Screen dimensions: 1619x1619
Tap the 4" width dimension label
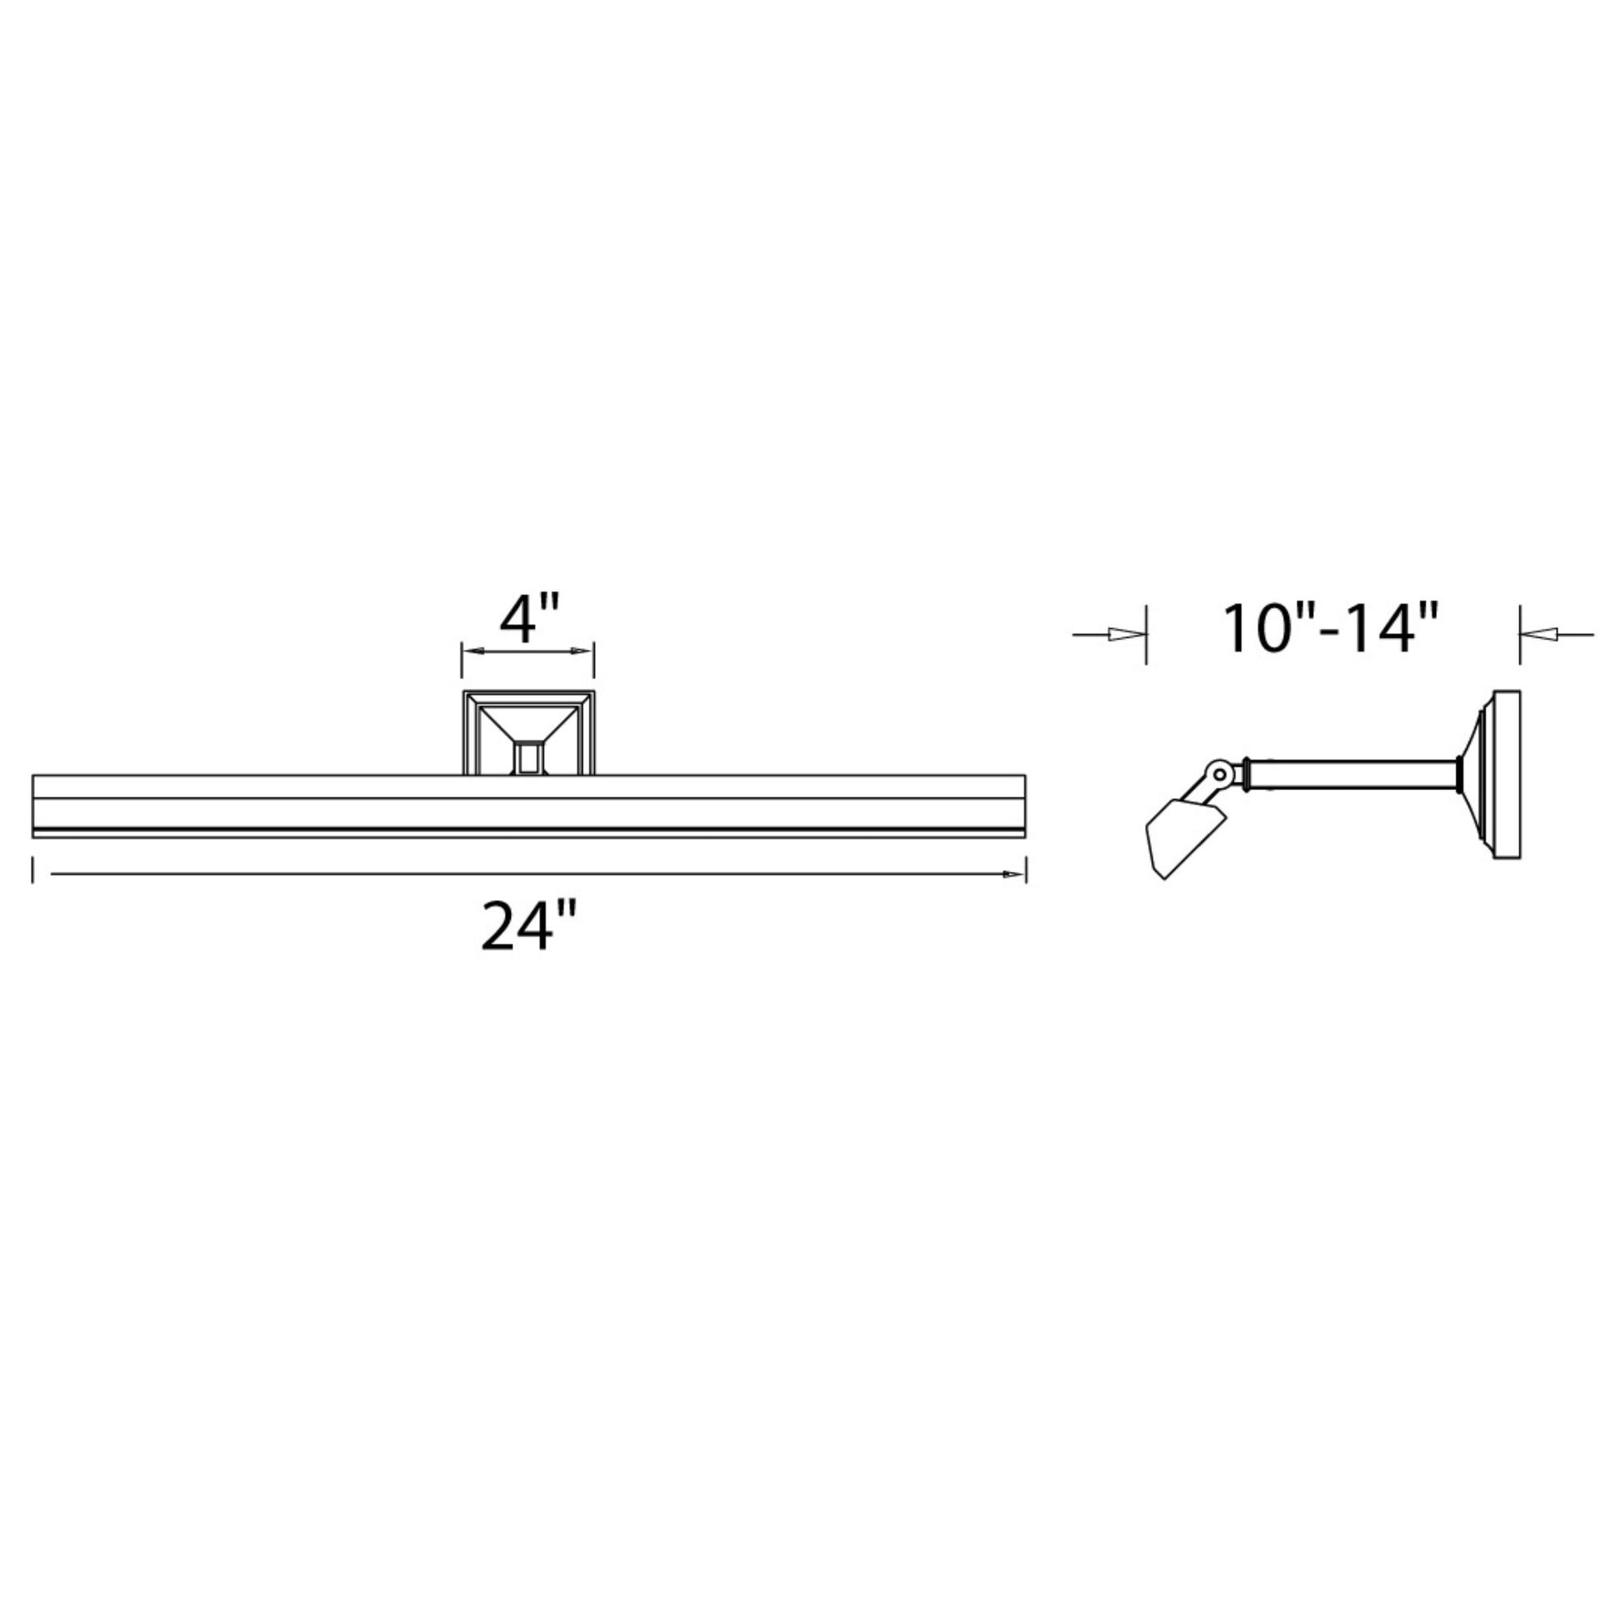pyautogui.click(x=530, y=619)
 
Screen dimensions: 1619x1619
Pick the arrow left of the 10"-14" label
pyautogui.click(x=1109, y=634)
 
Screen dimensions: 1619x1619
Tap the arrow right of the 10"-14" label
pyautogui.click(x=1556, y=634)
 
